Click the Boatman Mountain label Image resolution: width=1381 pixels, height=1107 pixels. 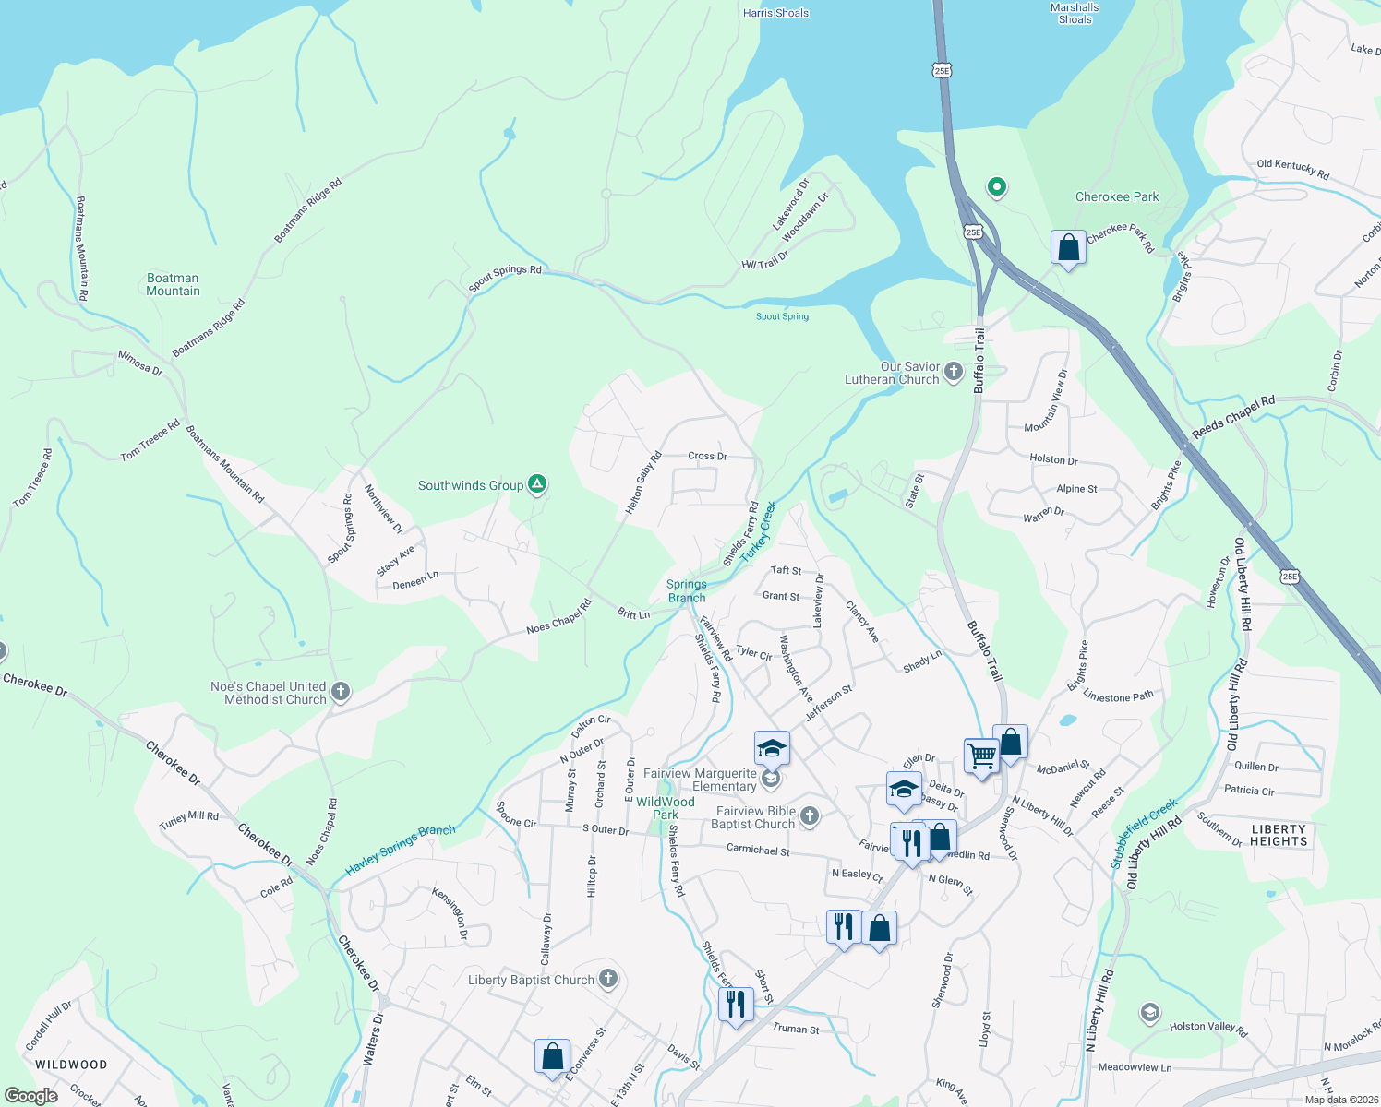(x=173, y=284)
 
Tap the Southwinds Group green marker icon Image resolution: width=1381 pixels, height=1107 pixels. (x=537, y=484)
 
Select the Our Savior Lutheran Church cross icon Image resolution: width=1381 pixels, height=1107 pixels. (x=954, y=372)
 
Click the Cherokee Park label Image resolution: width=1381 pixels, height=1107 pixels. (x=1116, y=196)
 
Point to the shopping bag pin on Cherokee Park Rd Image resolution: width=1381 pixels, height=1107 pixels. (x=1068, y=248)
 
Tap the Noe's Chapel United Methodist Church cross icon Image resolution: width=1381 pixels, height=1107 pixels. (x=341, y=692)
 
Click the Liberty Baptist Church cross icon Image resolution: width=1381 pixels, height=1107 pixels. (x=607, y=979)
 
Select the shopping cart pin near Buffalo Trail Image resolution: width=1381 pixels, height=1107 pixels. (x=981, y=756)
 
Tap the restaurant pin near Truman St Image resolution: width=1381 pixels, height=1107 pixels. (x=735, y=1003)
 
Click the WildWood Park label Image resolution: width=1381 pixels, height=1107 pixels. (x=665, y=808)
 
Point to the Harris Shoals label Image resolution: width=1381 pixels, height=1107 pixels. (x=775, y=13)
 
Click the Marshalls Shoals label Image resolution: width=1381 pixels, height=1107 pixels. (x=1075, y=13)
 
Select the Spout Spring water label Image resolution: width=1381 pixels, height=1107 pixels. (x=782, y=316)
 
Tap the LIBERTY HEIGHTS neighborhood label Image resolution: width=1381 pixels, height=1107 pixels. (x=1279, y=835)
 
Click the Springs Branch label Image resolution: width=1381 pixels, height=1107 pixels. (x=686, y=590)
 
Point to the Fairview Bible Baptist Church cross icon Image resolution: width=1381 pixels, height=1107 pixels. (x=809, y=815)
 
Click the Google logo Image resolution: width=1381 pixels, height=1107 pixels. (x=30, y=1096)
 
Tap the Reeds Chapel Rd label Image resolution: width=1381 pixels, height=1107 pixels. (x=1232, y=417)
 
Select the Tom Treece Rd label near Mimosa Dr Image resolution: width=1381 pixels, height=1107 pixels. (x=150, y=441)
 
